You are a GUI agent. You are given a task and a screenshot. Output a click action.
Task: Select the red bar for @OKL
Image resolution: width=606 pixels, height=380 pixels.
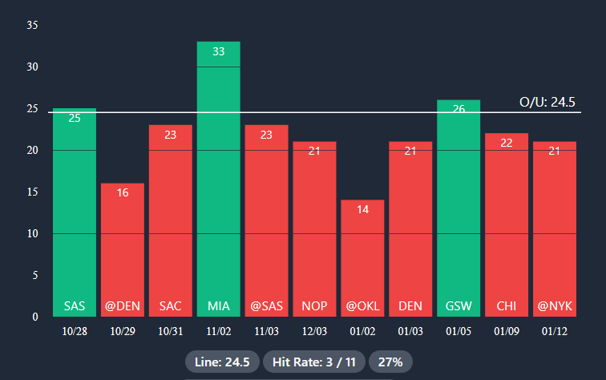(x=362, y=249)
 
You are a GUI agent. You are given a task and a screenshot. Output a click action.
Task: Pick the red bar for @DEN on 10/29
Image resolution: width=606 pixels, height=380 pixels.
(x=122, y=241)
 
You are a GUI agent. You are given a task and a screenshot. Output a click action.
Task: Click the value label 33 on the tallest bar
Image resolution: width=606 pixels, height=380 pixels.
(x=218, y=51)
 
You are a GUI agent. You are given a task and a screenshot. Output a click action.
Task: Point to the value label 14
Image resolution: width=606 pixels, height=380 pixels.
(x=362, y=209)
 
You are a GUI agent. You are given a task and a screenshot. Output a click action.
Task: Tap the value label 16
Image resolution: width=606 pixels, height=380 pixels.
(x=122, y=192)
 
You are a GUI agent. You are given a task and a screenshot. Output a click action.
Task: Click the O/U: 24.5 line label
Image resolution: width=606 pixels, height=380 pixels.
(x=547, y=102)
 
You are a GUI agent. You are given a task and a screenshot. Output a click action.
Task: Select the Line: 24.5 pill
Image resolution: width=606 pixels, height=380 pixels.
(x=222, y=362)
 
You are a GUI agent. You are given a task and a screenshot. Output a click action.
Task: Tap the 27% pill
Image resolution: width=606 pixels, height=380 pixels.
(x=390, y=362)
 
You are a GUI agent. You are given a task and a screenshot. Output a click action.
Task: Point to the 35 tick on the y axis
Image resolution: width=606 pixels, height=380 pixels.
(x=33, y=25)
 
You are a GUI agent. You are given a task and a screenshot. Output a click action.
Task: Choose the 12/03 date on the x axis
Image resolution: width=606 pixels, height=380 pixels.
(x=314, y=331)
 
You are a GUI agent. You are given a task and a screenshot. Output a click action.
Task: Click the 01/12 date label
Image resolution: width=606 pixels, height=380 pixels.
(x=555, y=331)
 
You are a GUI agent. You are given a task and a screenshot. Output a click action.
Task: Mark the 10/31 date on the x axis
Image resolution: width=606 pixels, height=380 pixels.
(x=170, y=331)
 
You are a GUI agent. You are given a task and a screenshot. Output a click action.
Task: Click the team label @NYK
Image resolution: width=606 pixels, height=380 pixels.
(x=555, y=305)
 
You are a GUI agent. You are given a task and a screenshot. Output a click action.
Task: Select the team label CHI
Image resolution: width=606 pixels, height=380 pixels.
(x=507, y=305)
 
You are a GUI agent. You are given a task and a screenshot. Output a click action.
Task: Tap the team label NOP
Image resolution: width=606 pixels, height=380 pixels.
(x=314, y=305)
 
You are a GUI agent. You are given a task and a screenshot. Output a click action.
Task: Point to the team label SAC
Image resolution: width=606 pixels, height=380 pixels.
(x=170, y=305)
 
